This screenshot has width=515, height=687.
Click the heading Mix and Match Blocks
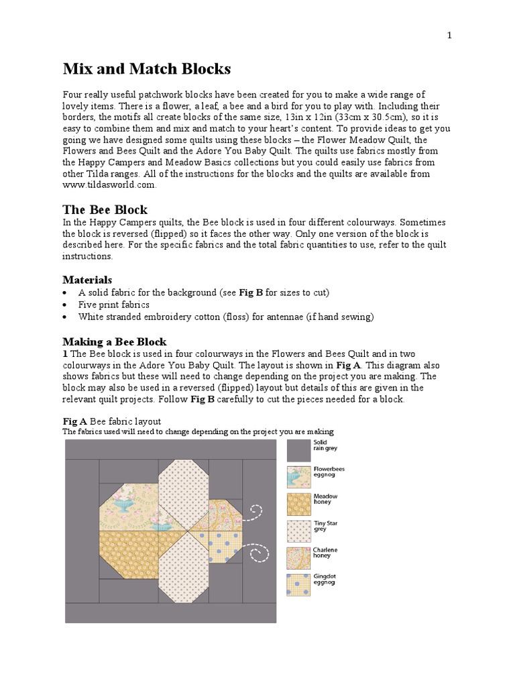click(146, 68)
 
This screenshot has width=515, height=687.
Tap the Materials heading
click(87, 279)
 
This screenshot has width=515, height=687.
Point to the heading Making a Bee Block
click(114, 341)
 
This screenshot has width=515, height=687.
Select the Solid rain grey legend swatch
click(298, 450)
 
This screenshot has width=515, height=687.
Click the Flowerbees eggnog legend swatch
click(298, 477)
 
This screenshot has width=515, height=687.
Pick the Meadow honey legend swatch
click(298, 504)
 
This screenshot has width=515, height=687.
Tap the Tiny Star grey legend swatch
click(298, 531)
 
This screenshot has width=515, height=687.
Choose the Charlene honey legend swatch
click(298, 558)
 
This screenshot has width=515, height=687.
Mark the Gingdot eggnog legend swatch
click(298, 585)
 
